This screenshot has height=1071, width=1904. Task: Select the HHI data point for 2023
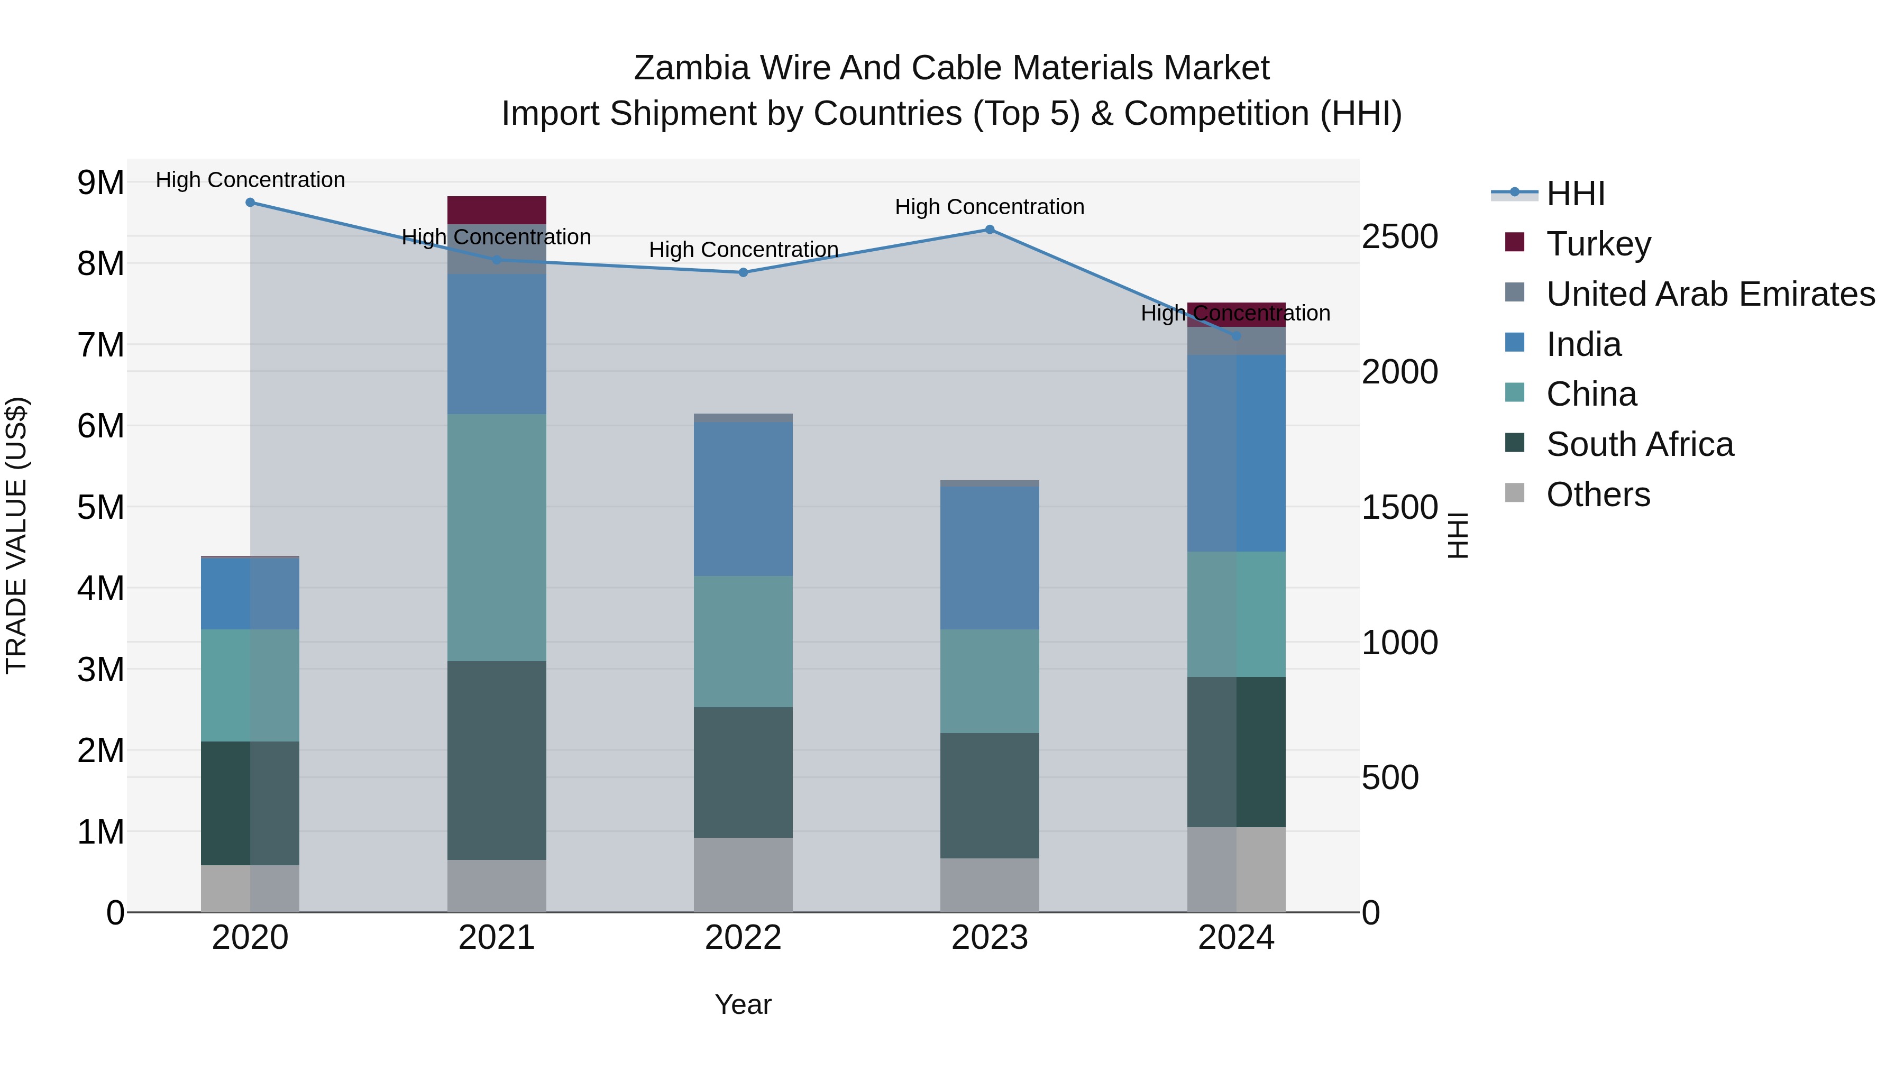coord(990,229)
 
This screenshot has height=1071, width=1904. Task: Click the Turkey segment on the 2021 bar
coord(497,210)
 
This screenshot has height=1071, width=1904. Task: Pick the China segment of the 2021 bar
coord(497,537)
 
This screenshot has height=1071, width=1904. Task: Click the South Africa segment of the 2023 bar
coord(990,795)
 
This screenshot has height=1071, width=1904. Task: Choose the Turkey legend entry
coord(1597,244)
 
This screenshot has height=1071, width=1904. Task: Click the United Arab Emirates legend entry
coord(1709,294)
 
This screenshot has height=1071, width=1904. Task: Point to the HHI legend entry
coord(1575,194)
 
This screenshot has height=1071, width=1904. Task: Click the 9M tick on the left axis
coord(100,182)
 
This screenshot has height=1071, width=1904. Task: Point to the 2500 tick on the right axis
coord(1400,236)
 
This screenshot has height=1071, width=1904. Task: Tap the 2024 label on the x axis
coord(1236,938)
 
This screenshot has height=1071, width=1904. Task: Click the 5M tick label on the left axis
coord(100,507)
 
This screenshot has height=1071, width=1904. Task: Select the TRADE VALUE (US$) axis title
coord(16,535)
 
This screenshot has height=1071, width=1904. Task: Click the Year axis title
coord(743,1004)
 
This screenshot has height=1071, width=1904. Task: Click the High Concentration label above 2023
coord(989,207)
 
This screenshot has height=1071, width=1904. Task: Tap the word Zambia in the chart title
coord(691,68)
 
